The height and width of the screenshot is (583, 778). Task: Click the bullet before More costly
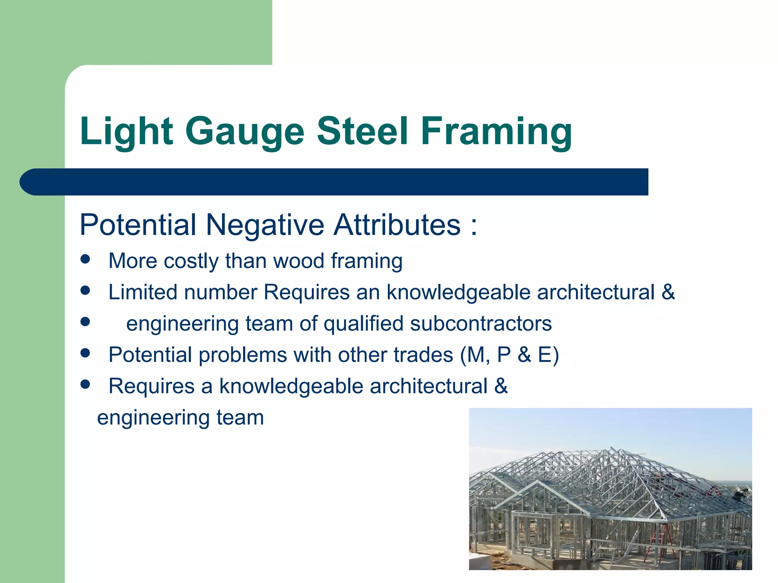(x=85, y=259)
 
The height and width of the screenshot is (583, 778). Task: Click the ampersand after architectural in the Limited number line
(x=668, y=292)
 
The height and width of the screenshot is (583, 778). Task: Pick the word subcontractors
(x=481, y=324)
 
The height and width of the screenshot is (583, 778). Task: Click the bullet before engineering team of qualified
(x=85, y=322)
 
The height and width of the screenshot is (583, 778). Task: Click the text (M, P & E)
(x=509, y=355)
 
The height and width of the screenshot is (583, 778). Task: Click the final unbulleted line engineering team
(x=180, y=418)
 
